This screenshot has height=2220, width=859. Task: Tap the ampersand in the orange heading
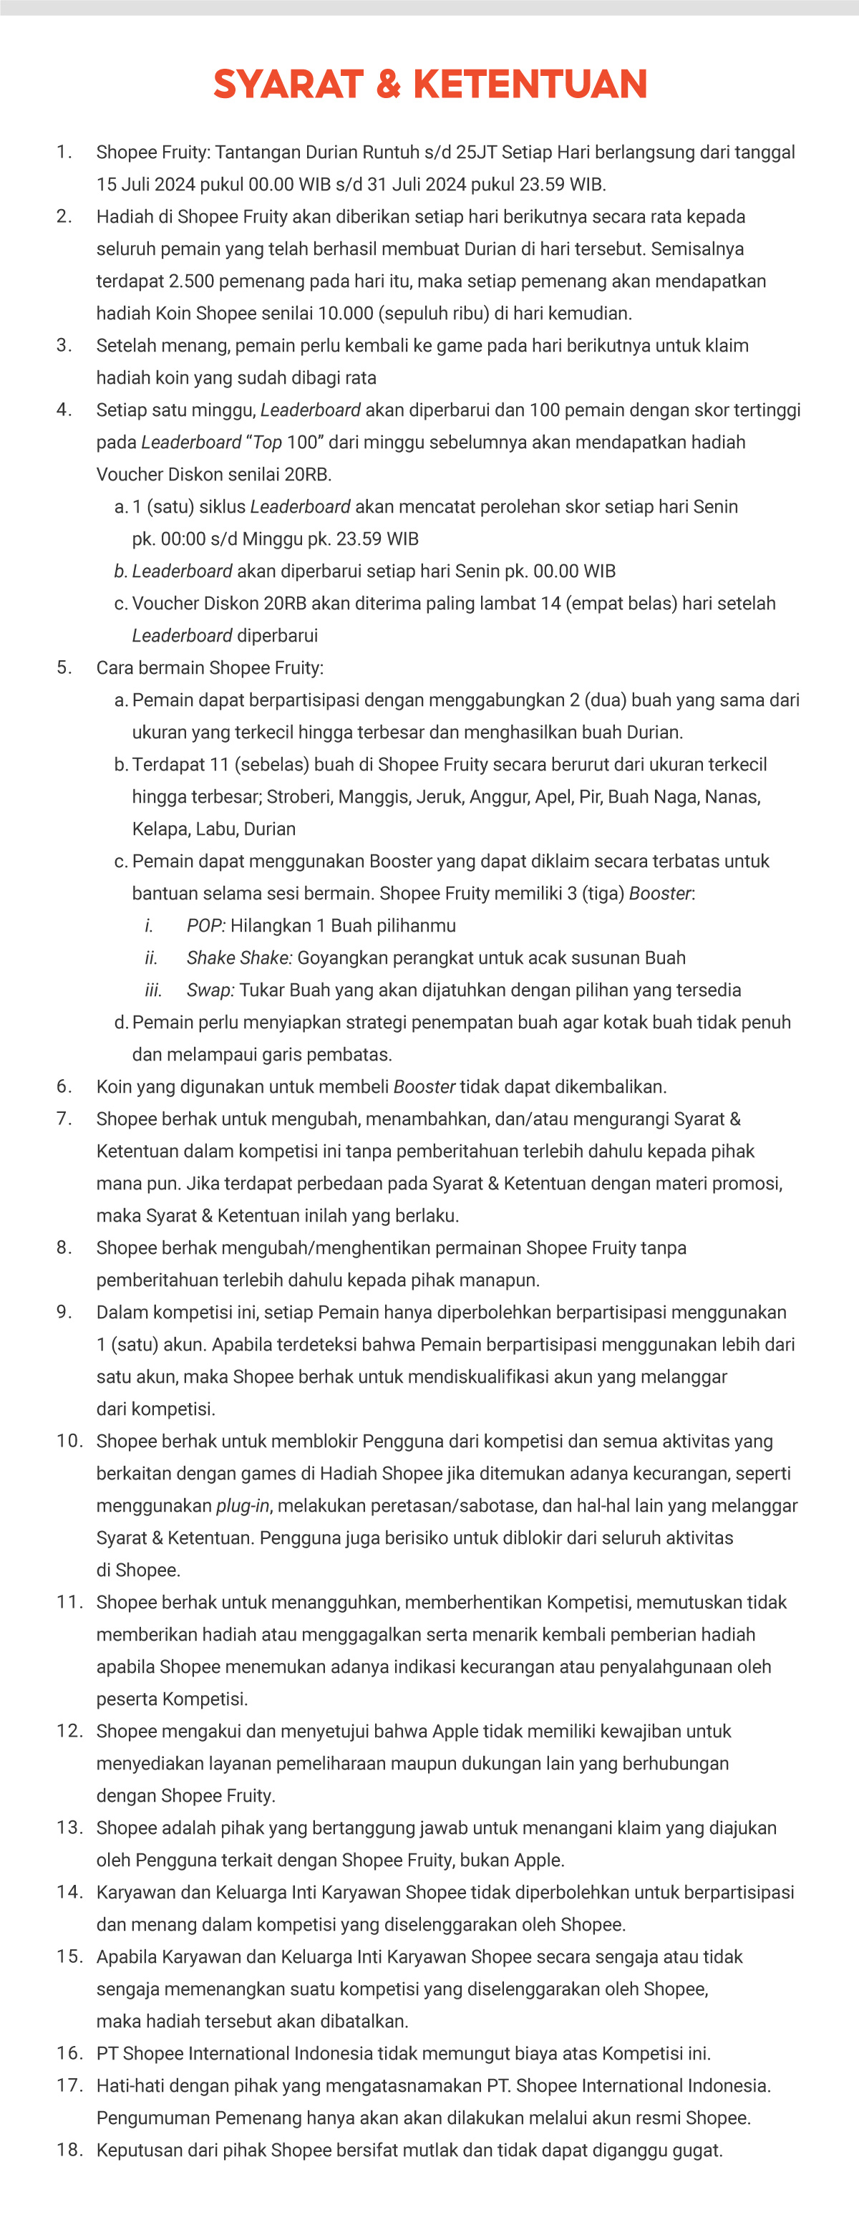[x=388, y=85]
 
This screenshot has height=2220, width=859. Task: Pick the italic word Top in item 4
[x=267, y=442]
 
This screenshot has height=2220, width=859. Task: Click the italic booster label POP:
[x=206, y=925]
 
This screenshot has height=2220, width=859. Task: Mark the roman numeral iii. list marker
[x=153, y=990]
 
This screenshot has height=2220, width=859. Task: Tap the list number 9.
[x=64, y=1312]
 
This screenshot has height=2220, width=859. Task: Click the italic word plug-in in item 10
[x=243, y=1505]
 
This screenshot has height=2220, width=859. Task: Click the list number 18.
[x=69, y=2151]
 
